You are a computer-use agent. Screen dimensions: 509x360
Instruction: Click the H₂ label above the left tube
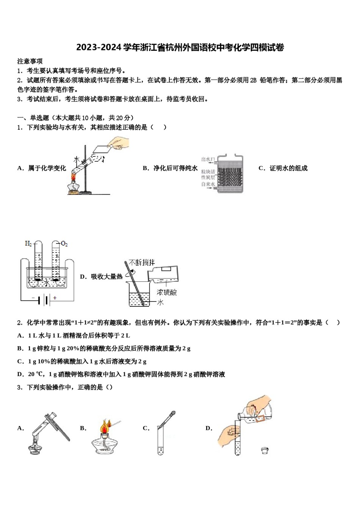point(28,243)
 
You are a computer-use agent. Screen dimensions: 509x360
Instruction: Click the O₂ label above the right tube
point(64,244)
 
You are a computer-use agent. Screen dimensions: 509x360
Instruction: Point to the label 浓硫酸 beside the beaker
point(167,292)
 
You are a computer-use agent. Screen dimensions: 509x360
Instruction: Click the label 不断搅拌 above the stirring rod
point(142,262)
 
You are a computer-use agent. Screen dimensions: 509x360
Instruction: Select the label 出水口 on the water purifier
point(208,160)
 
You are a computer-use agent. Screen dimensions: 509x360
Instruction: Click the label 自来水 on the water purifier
point(208,184)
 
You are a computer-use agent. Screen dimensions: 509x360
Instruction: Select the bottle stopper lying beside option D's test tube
point(265,450)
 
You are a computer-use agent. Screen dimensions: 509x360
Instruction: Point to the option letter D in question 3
point(209,428)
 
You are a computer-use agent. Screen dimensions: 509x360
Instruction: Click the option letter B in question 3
point(83,428)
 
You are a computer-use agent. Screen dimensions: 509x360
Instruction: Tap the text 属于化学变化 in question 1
point(47,168)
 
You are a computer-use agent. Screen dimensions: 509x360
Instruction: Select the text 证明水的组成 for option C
point(288,168)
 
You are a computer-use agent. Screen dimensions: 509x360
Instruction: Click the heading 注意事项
point(30,61)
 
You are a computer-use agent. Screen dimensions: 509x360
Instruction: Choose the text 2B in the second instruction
point(253,80)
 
